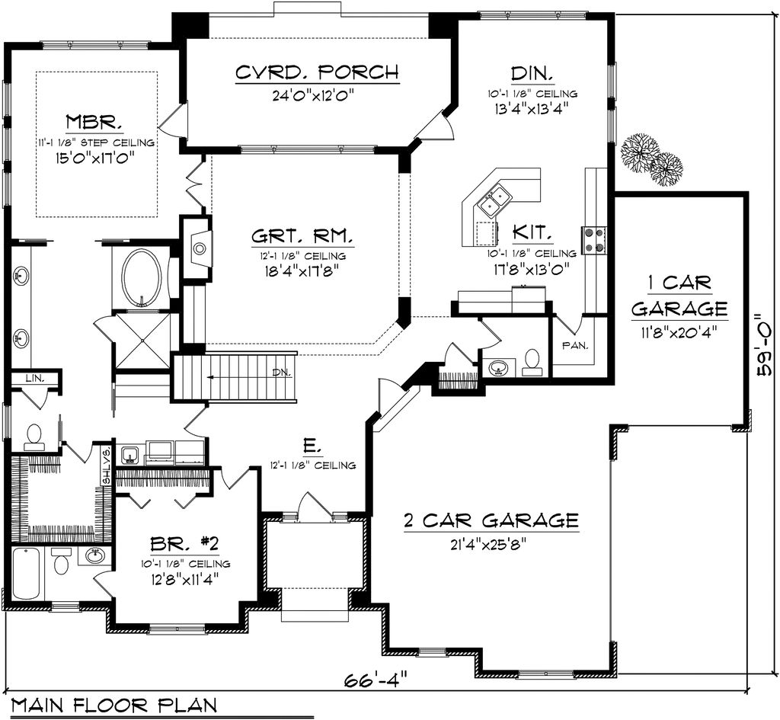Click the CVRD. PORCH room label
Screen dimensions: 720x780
tap(316, 73)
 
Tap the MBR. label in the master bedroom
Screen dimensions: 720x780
tap(94, 122)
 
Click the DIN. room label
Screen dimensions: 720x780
tap(532, 73)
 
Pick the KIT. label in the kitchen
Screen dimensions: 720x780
tap(532, 232)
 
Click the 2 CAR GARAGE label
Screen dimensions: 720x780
tap(491, 521)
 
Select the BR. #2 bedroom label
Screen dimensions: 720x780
tap(184, 544)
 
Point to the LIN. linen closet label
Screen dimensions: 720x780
tap(34, 378)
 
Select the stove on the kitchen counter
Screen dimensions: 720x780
tap(594, 239)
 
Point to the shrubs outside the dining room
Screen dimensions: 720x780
tap(651, 158)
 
